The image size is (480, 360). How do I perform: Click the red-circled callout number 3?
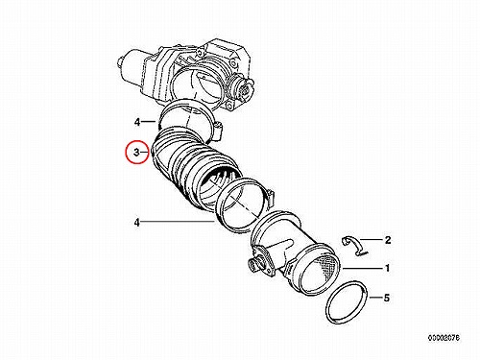(136, 153)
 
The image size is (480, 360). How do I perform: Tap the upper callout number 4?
(137, 122)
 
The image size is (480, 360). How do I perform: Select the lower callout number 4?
(137, 222)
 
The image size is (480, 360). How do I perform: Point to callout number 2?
(388, 240)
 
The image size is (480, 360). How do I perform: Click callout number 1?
(387, 268)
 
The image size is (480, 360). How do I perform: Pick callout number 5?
(387, 298)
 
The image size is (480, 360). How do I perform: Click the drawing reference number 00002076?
(444, 338)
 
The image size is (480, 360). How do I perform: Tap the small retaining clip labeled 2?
(354, 246)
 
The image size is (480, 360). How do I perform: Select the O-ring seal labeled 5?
(346, 302)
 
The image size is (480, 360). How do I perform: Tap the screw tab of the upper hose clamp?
(217, 131)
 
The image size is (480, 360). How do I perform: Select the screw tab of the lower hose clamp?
(270, 198)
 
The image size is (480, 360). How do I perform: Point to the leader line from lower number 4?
(178, 222)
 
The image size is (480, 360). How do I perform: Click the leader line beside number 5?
(375, 298)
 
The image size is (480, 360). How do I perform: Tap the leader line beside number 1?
(362, 268)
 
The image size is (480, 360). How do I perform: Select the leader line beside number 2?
(371, 239)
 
